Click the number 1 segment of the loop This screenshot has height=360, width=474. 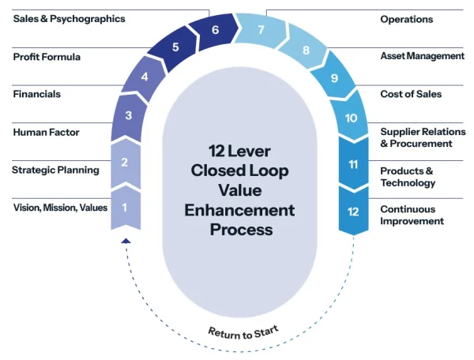pos(125,207)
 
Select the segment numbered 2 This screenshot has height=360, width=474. pos(125,163)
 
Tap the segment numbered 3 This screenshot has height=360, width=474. pos(128,116)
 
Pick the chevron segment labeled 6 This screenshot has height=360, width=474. pos(215,31)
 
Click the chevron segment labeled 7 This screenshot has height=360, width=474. pos(261,31)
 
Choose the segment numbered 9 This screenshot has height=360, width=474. pos(333,78)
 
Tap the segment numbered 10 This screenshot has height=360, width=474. pos(351,118)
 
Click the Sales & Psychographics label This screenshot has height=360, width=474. pos(69,19)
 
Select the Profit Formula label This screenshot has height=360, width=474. pos(47,57)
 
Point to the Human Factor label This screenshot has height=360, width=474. pos(46,132)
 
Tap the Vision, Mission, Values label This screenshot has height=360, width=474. pos(60,208)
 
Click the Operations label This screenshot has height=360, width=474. pos(406,19)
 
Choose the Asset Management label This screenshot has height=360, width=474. pos(422,56)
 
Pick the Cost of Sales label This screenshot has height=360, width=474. pos(410,94)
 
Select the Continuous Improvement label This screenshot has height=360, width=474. pos(412,215)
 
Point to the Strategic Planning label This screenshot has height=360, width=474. pos(55,169)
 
